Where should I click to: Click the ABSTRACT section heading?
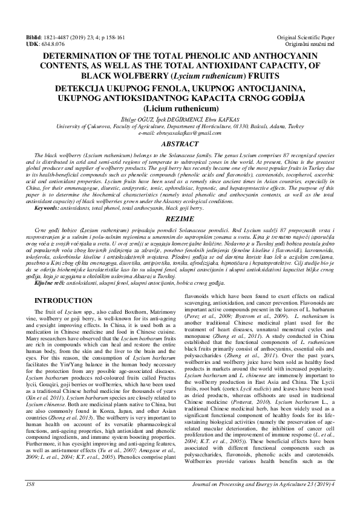180,145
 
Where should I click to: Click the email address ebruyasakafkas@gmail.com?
180,133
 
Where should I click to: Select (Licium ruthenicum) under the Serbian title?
180,108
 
